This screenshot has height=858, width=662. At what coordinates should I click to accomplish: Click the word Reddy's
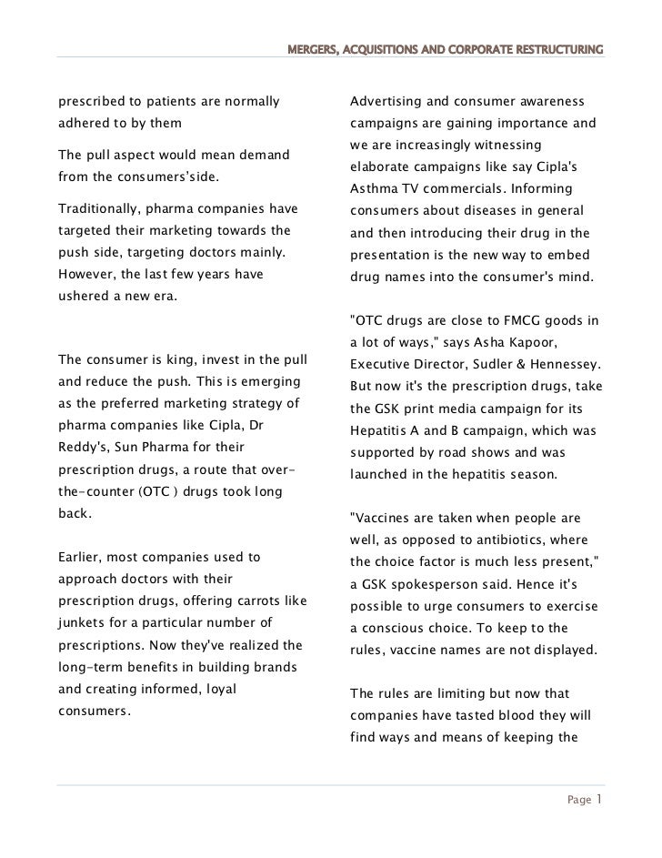click(79, 447)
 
